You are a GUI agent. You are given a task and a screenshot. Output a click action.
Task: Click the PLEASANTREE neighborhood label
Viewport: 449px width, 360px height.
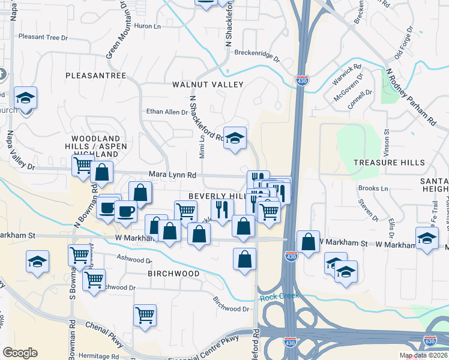pos(95,76)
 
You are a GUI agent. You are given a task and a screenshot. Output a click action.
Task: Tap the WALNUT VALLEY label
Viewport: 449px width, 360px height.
pos(208,85)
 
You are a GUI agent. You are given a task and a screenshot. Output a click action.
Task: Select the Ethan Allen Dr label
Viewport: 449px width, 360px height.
pos(167,112)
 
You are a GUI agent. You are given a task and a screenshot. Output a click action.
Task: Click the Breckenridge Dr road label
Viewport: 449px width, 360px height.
pos(257,55)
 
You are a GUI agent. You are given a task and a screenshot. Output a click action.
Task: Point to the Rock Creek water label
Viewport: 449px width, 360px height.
pos(279,296)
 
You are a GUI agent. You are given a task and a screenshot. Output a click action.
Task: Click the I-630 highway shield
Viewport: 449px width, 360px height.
pos(429,341)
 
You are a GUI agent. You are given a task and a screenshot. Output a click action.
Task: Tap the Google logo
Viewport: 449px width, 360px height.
pos(20,352)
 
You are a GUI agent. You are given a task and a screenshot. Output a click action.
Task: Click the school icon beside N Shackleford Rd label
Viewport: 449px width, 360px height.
pos(235,138)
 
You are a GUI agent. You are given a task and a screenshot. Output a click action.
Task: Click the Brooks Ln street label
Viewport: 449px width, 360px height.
pos(373,188)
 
